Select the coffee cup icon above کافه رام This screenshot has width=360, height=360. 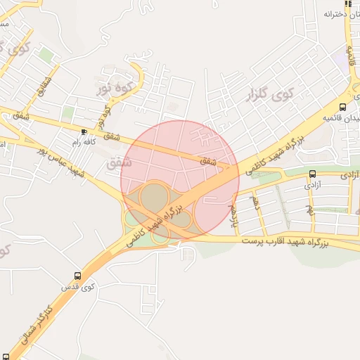(84, 131)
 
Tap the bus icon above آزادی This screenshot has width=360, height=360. (312, 174)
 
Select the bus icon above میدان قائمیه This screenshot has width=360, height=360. (342, 108)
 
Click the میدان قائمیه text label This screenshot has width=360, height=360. (340, 117)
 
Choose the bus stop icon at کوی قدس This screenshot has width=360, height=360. (77, 276)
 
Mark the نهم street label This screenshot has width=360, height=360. (309, 209)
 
